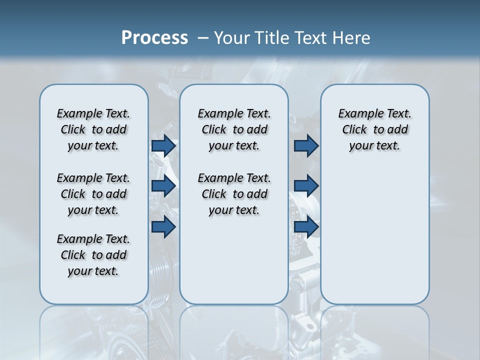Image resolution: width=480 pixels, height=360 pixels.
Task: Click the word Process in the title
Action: (154, 38)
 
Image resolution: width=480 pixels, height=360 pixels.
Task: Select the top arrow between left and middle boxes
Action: (163, 146)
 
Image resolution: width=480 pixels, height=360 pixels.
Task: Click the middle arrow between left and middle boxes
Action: (163, 186)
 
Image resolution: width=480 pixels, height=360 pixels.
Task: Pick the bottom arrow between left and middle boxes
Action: (163, 227)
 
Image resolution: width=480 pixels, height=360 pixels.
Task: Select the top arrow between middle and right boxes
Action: (306, 146)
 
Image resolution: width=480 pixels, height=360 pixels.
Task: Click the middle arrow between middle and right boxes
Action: (306, 186)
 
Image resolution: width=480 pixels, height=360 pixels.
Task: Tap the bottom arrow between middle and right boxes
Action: (306, 227)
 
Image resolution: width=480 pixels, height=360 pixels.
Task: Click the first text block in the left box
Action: (93, 129)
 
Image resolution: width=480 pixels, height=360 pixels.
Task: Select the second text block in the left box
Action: (93, 194)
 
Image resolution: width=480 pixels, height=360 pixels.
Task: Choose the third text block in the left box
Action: (93, 255)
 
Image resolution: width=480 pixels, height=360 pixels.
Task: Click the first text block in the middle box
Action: (234, 129)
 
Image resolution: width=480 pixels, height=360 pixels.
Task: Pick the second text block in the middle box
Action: (234, 194)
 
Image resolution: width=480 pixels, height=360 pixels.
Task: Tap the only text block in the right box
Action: (374, 129)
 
